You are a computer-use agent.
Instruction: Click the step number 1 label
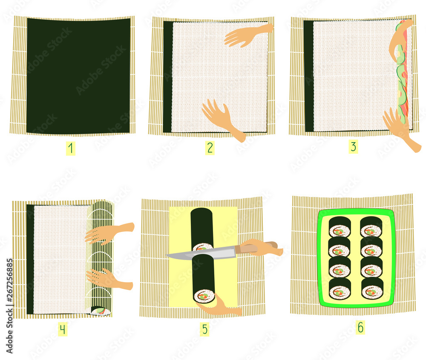coord(70,149)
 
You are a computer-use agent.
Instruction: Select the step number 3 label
coord(353,147)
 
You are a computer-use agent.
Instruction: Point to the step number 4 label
coord(63,329)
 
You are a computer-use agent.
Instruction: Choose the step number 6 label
coord(360,328)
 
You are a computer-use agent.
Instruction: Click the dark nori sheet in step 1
coord(78,76)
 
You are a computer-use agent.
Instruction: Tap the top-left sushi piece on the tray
coord(339,227)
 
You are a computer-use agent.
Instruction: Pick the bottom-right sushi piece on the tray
coord(372,289)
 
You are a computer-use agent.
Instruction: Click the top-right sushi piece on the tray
coord(371,227)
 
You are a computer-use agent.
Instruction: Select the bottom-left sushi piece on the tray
coord(340,289)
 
